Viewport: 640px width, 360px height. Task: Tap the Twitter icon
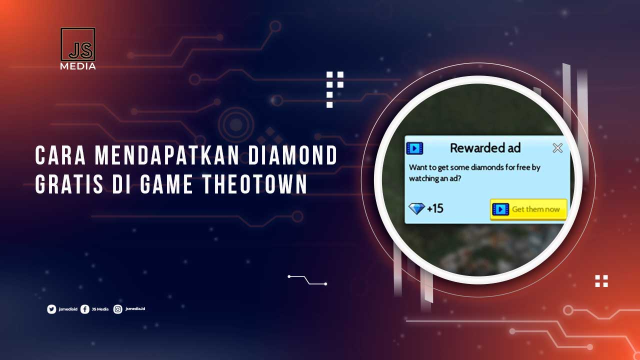pyautogui.click(x=51, y=309)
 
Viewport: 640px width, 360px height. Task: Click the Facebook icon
pyautogui.click(x=85, y=309)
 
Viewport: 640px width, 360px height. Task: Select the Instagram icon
pyautogui.click(x=118, y=309)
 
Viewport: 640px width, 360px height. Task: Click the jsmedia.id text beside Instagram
pyautogui.click(x=135, y=309)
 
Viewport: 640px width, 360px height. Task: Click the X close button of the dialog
pyautogui.click(x=557, y=148)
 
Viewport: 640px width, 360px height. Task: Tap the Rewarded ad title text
pyautogui.click(x=485, y=148)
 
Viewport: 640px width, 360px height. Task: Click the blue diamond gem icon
pyautogui.click(x=416, y=208)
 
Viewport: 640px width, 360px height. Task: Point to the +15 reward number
pyautogui.click(x=435, y=208)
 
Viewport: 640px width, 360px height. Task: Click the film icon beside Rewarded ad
pyautogui.click(x=414, y=148)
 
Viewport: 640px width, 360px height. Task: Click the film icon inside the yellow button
pyautogui.click(x=500, y=209)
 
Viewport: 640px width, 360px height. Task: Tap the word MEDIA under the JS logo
pyautogui.click(x=78, y=66)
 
